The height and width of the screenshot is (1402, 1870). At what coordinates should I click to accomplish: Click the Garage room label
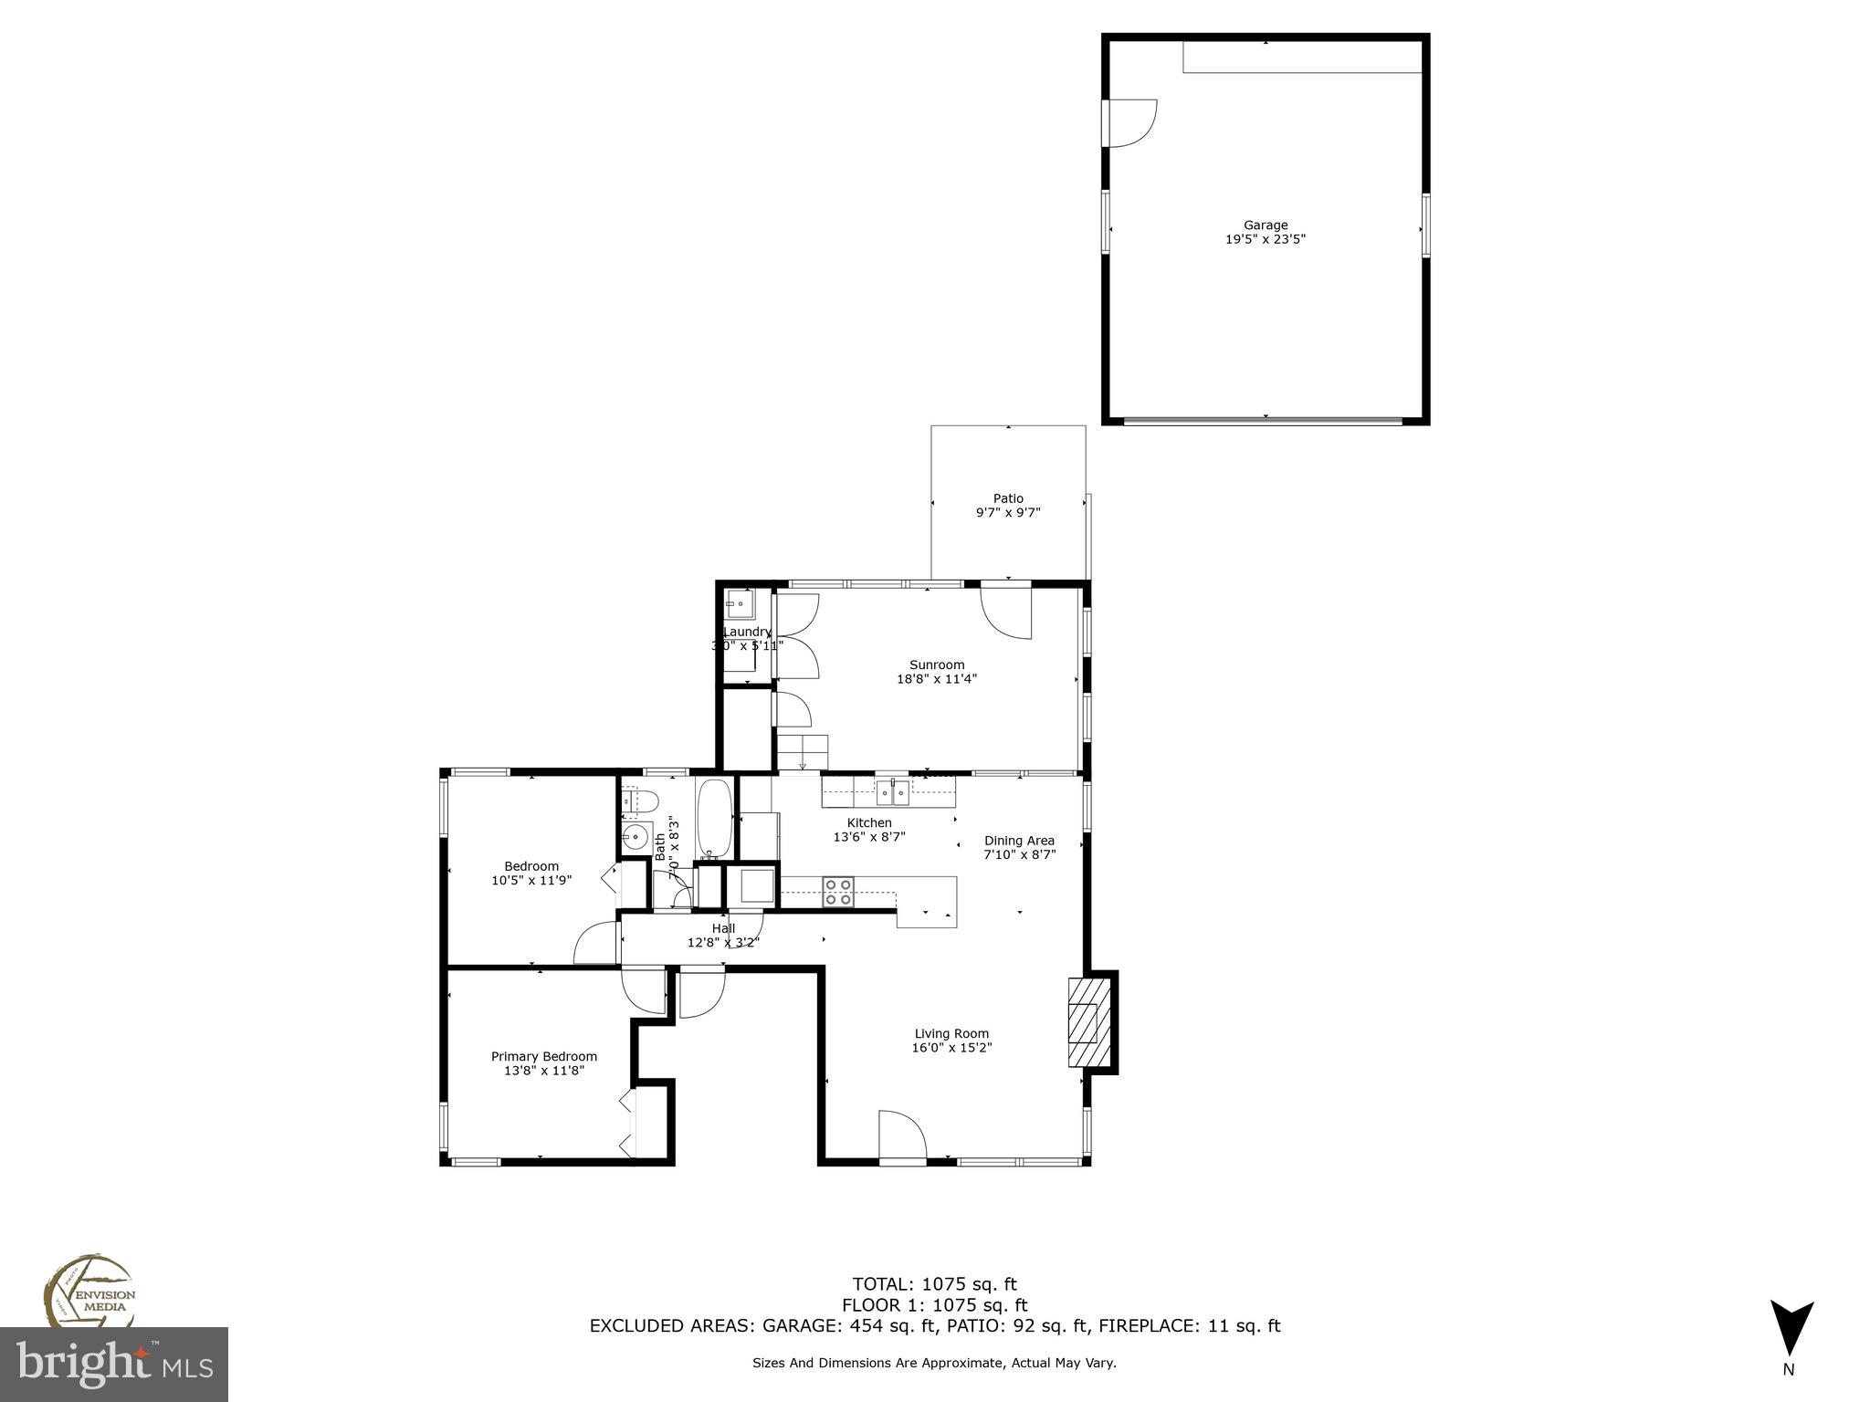pyautogui.click(x=1265, y=225)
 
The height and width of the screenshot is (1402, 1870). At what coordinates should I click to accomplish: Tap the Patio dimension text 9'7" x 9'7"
pyautogui.click(x=1008, y=513)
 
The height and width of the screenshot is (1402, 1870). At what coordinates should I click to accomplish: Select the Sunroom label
pyautogui.click(x=936, y=664)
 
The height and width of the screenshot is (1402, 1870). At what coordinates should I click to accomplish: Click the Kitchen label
pyautogui.click(x=868, y=822)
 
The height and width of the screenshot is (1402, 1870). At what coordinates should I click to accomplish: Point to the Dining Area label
pyautogui.click(x=1019, y=841)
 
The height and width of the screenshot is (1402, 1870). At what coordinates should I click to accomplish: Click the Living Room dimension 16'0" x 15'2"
pyautogui.click(x=951, y=1048)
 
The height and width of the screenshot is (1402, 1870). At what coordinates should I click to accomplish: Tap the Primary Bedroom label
pyautogui.click(x=543, y=1056)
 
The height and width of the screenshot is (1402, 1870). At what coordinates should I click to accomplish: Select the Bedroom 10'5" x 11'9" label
pyautogui.click(x=531, y=874)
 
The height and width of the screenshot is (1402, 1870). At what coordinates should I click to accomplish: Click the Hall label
pyautogui.click(x=723, y=928)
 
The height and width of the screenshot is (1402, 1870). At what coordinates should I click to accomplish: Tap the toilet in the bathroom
pyautogui.click(x=642, y=802)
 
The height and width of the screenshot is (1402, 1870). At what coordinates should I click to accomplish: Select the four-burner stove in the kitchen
pyautogui.click(x=838, y=892)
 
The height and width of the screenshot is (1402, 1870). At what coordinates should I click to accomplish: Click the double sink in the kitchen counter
pyautogui.click(x=893, y=793)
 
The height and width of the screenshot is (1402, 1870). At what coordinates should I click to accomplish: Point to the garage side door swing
pyautogui.click(x=1132, y=122)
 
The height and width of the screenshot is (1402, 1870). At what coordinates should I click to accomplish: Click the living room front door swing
pyautogui.click(x=902, y=1136)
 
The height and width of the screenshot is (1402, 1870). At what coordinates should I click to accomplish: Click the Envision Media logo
pyautogui.click(x=89, y=1292)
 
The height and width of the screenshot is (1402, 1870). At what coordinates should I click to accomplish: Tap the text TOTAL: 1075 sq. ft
pyautogui.click(x=934, y=1285)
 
